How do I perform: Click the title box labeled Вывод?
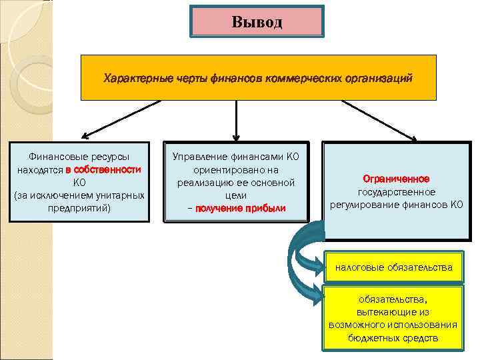(257, 21)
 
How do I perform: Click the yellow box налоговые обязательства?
(393, 267)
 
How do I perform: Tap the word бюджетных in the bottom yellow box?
(374, 338)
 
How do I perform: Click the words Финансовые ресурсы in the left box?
(79, 157)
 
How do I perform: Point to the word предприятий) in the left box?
(79, 208)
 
